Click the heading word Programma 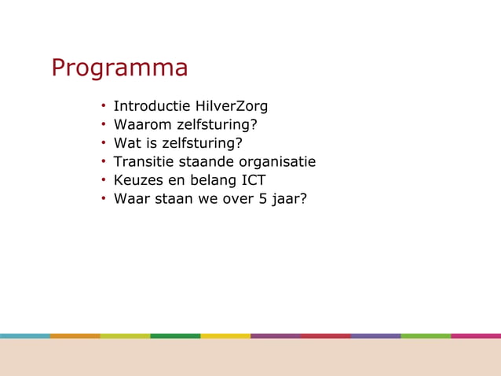(x=119, y=68)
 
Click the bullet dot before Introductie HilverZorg (x=103, y=106)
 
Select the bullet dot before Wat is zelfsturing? (x=103, y=143)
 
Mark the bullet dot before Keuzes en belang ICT (x=103, y=180)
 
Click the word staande (x=207, y=162)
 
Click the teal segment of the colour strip (x=25, y=336)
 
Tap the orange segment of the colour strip (x=75, y=336)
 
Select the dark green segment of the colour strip (x=175, y=336)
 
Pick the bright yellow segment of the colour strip (x=225, y=336)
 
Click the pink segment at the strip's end (x=476, y=336)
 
